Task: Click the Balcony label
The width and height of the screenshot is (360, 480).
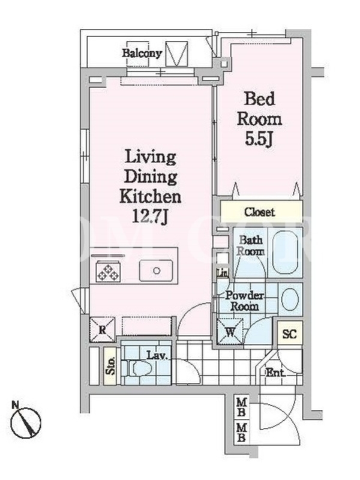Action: [x=142, y=53]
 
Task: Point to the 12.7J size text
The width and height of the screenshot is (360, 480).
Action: [x=150, y=217]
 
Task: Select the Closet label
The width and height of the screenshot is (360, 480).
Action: [x=259, y=212]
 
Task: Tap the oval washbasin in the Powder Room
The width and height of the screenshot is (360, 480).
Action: [x=290, y=299]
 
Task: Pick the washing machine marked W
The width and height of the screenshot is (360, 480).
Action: [x=230, y=332]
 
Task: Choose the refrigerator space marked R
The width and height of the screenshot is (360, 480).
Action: [x=102, y=329]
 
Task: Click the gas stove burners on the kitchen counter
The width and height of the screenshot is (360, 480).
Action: [x=108, y=271]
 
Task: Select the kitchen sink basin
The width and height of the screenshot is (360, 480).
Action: [x=156, y=271]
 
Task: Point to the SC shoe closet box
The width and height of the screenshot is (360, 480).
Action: [x=290, y=334]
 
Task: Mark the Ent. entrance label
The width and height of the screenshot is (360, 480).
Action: [x=275, y=373]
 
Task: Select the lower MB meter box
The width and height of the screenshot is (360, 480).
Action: [x=241, y=432]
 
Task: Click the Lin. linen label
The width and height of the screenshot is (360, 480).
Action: [x=222, y=272]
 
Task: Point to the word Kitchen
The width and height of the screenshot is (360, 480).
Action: [x=150, y=197]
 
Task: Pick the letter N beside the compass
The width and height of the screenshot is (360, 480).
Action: [x=14, y=404]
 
